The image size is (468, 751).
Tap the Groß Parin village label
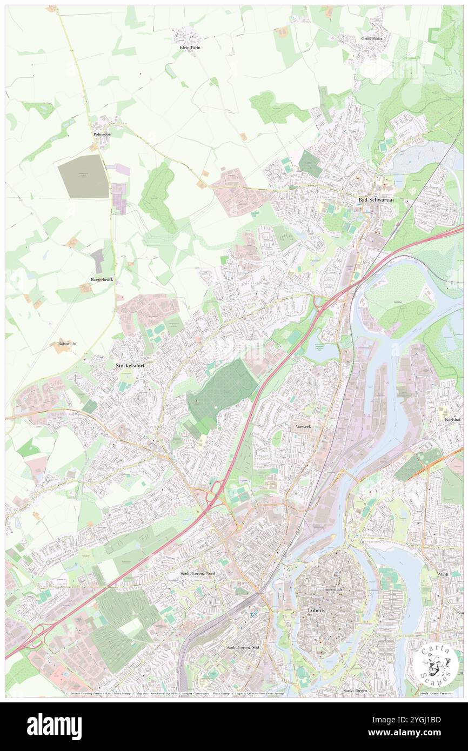point(371,38)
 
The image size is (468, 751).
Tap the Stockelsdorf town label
point(132,366)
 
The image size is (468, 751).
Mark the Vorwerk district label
point(303,427)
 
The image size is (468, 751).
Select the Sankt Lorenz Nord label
point(197,573)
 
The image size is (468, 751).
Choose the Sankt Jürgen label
point(356,690)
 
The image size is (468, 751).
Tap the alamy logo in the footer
point(54,726)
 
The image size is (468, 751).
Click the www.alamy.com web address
point(413,733)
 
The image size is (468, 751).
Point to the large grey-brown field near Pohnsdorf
point(83,176)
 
